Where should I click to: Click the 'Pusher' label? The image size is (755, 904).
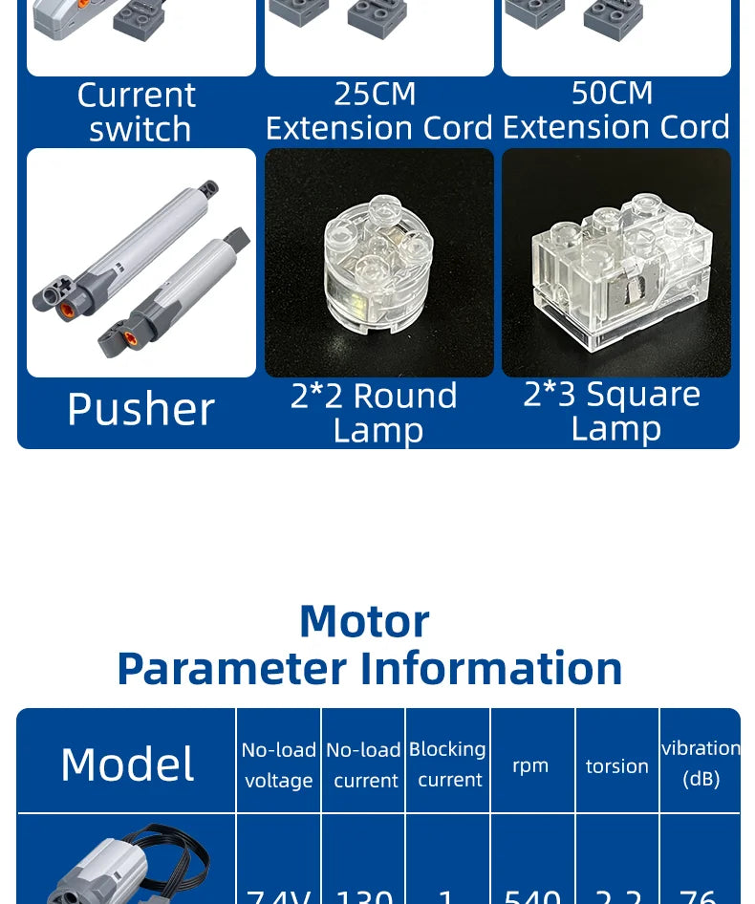tap(140, 409)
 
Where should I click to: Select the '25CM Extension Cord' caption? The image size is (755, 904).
tap(378, 110)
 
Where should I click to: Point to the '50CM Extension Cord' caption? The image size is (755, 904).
tap(615, 109)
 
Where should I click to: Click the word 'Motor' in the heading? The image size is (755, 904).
tap(364, 621)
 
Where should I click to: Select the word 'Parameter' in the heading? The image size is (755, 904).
tap(231, 668)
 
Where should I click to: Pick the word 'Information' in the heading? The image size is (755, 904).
tap(491, 668)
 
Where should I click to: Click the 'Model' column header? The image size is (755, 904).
tap(127, 764)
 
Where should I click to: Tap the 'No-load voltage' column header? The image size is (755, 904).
tap(278, 764)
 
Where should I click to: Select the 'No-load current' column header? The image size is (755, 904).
tap(364, 764)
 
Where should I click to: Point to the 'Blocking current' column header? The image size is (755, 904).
tap(448, 764)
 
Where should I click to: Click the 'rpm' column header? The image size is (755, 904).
tap(530, 765)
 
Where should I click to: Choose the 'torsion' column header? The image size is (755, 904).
tap(617, 766)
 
